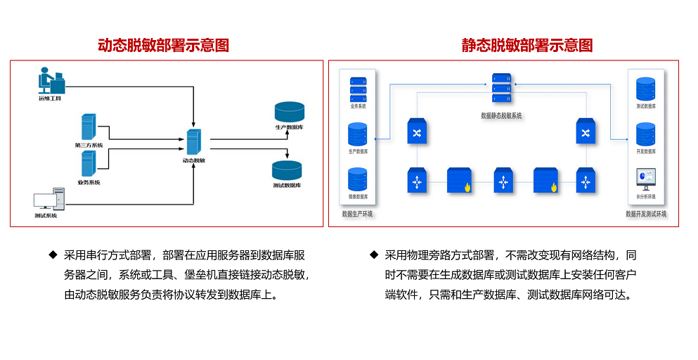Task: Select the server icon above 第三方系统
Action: click(x=89, y=127)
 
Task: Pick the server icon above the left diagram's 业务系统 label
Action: click(x=89, y=165)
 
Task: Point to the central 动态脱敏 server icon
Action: click(x=193, y=142)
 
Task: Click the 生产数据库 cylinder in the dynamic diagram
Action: click(x=290, y=112)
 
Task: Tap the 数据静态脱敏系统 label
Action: click(x=501, y=115)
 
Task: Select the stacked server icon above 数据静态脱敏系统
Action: click(x=501, y=89)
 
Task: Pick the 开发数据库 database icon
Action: click(x=645, y=134)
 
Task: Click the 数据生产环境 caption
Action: click(x=357, y=214)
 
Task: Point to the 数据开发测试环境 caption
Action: click(x=646, y=214)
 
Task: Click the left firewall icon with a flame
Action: click(x=460, y=180)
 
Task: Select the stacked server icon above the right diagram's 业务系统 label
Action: click(x=358, y=88)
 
